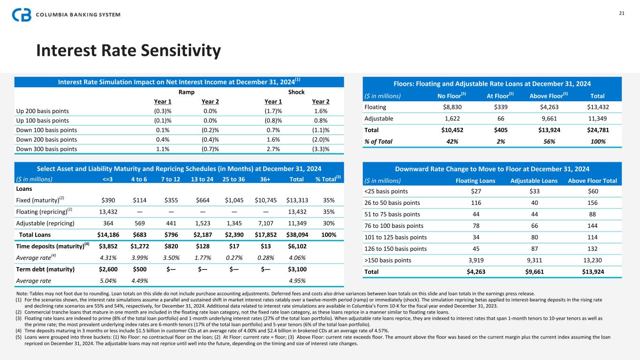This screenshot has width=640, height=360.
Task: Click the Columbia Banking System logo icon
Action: pos(22,15)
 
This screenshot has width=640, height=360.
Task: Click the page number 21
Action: pos(622,13)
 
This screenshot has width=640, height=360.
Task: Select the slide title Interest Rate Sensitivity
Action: pos(128,51)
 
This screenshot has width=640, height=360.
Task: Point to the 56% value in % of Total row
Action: pos(546,141)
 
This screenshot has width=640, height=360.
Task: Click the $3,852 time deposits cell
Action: pos(107,246)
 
